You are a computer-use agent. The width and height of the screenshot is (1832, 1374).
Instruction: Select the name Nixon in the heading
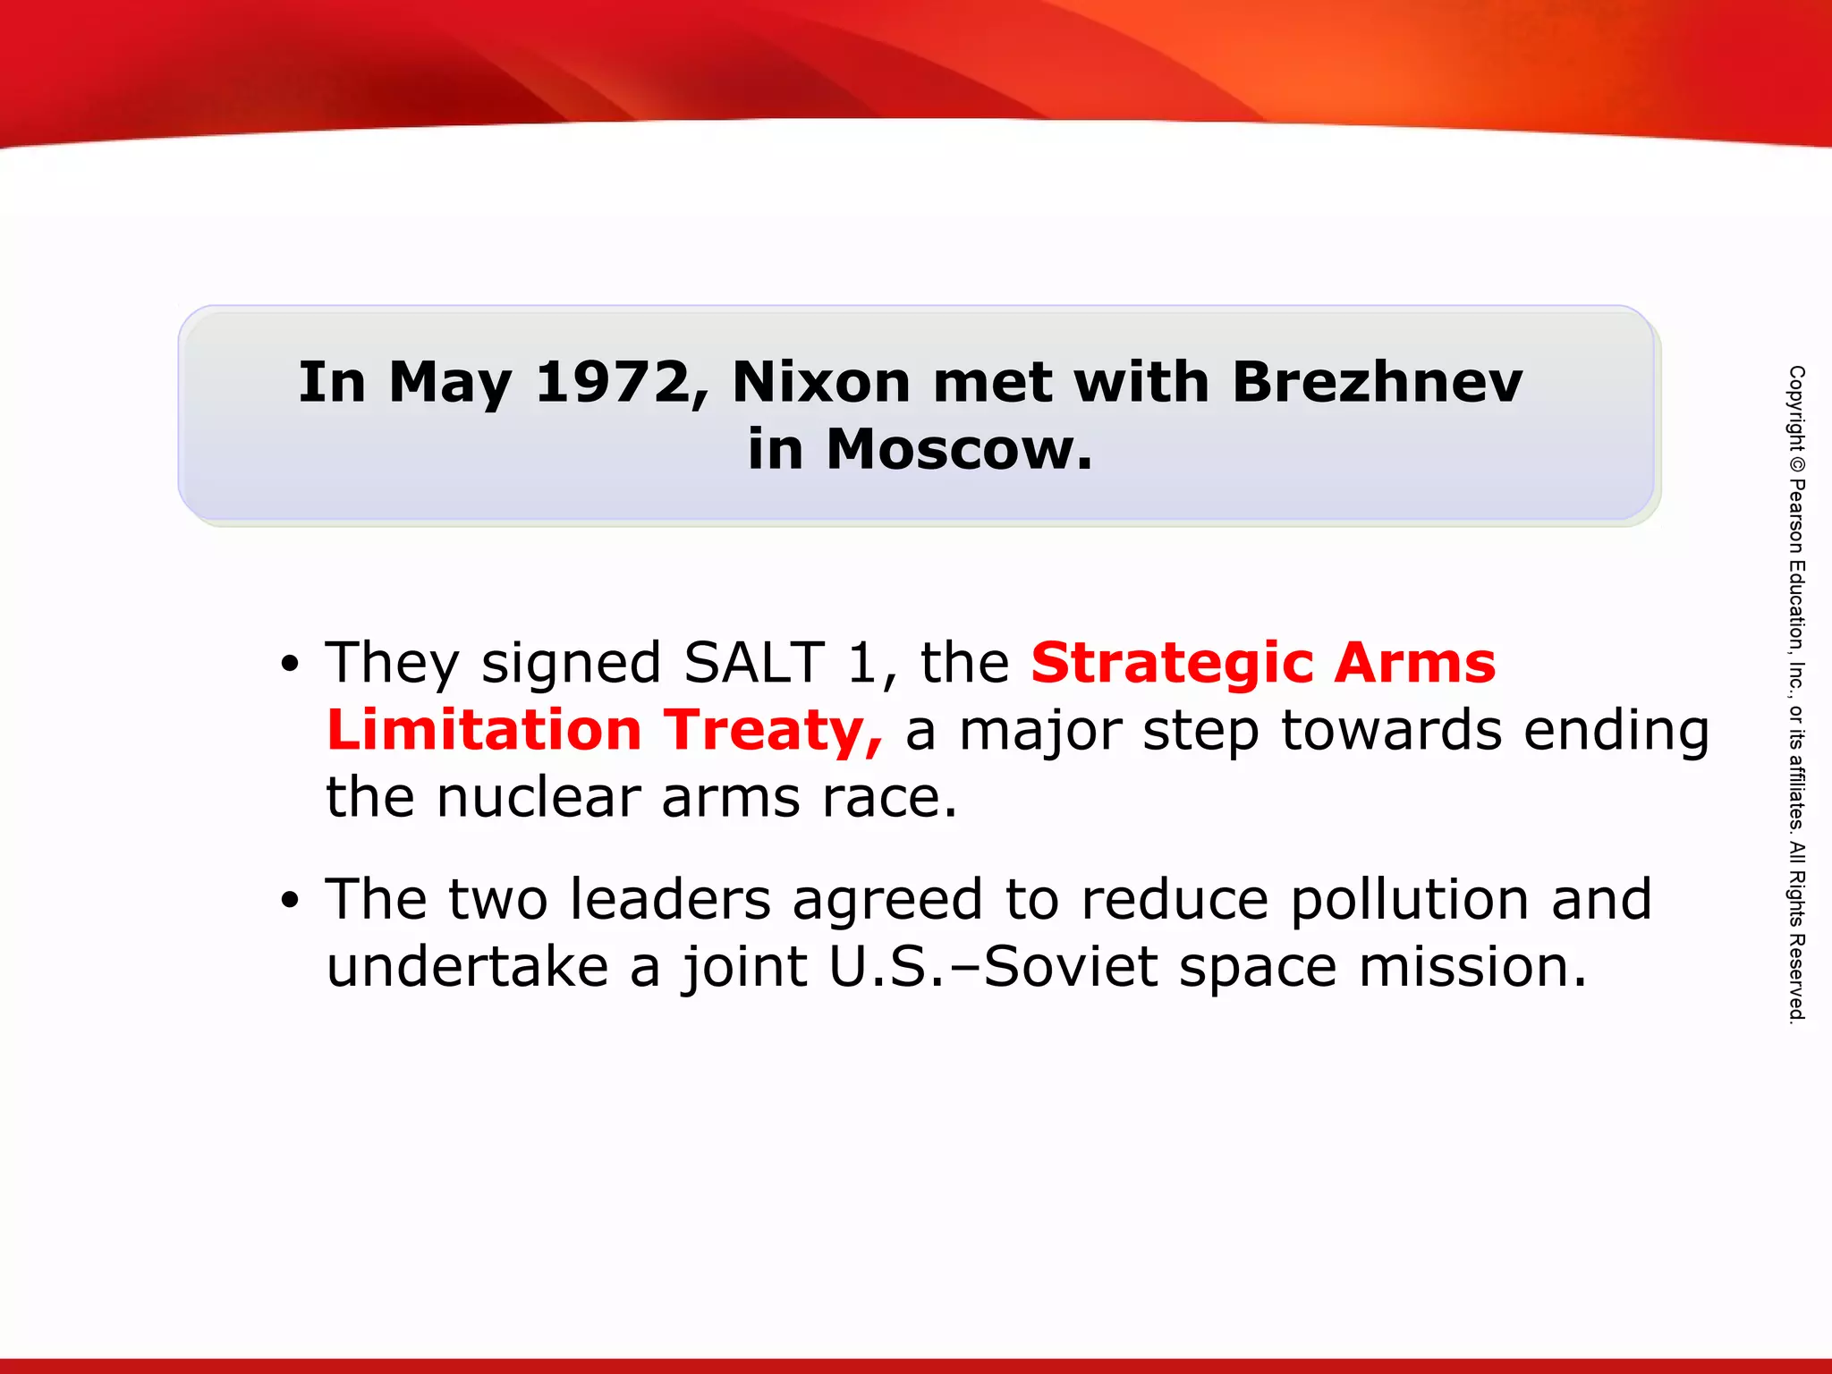(x=821, y=383)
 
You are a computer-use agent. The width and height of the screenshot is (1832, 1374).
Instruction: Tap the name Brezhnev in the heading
(x=1377, y=383)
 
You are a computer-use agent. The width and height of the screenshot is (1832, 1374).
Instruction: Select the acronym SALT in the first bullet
(x=753, y=663)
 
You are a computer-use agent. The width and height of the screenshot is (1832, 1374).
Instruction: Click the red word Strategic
(x=1172, y=665)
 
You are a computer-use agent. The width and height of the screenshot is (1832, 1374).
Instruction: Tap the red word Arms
(x=1414, y=663)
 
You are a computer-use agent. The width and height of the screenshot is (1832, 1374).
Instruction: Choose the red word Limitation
(x=484, y=730)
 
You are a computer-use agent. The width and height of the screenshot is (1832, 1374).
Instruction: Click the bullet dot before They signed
(x=288, y=665)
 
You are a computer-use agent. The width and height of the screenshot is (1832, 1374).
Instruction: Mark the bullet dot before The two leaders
(x=288, y=901)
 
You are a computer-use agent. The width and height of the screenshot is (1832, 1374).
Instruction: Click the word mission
(x=1472, y=967)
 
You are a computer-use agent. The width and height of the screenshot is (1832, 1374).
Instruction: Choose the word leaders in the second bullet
(x=670, y=900)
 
